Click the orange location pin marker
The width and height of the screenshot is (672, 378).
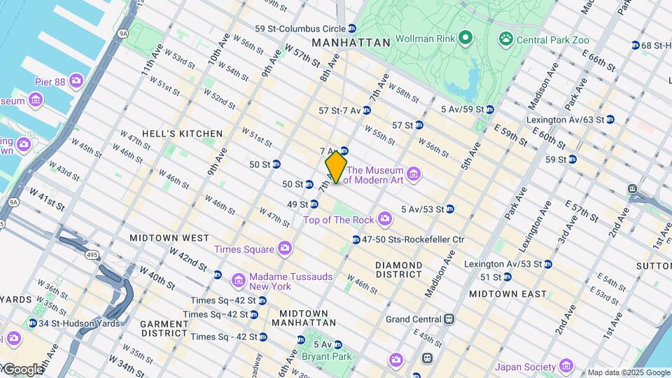click(x=337, y=167)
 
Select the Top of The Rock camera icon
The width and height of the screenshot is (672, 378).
click(x=384, y=220)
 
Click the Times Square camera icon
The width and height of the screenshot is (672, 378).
click(x=284, y=248)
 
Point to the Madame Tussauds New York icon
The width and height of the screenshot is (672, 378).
click(x=238, y=281)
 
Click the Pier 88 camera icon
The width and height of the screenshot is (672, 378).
click(x=76, y=82)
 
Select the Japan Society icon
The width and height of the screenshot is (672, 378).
click(x=566, y=366)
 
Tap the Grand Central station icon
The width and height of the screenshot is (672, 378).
click(x=449, y=319)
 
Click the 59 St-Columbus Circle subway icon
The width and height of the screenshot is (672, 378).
click(x=352, y=29)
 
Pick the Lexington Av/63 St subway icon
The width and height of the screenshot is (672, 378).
click(x=610, y=120)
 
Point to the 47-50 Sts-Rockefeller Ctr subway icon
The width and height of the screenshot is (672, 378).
click(x=356, y=239)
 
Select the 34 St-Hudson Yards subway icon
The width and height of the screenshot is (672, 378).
click(x=32, y=323)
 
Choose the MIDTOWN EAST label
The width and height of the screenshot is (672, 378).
click(x=507, y=294)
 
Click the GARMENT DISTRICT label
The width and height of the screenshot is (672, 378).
click(x=164, y=329)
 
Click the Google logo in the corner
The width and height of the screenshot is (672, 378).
click(x=22, y=369)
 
